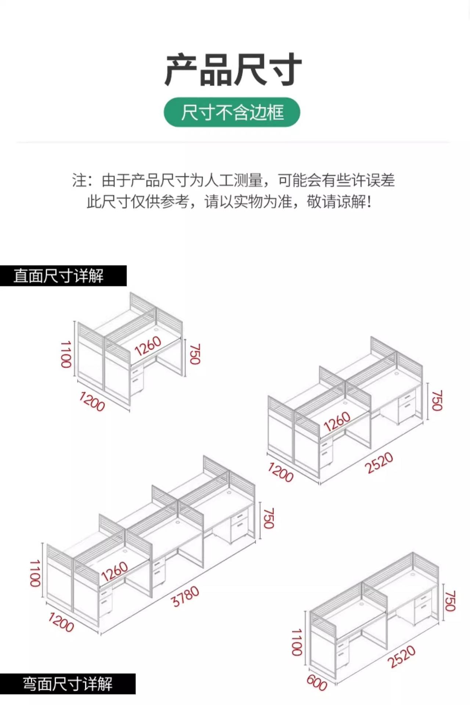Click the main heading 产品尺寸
pos(233,70)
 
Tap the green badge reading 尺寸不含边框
pos(232,112)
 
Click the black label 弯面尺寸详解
pos(68,684)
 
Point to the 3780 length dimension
pos(186,596)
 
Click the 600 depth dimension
pos(317,683)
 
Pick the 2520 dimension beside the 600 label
pos(401,656)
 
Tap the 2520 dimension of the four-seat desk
pos(379,463)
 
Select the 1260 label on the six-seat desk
pos(115,572)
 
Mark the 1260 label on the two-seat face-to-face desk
pos(148,346)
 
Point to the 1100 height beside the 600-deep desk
pos(297,642)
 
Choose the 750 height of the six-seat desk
pos(269,518)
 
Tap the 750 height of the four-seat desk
pos(437,400)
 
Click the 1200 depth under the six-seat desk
pos(61,622)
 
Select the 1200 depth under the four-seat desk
pos(281,472)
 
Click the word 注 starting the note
pos(79,181)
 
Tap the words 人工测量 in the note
pos(234,181)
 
